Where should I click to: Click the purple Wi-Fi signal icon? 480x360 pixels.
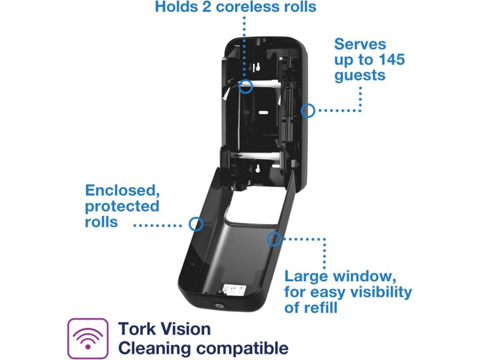point(88,338)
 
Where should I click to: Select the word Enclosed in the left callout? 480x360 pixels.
point(120,191)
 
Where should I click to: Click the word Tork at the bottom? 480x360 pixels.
point(136,329)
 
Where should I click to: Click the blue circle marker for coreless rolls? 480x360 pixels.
point(246,86)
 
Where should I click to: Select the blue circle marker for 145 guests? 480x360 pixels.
point(307,111)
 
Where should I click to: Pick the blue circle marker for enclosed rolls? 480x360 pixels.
point(196,224)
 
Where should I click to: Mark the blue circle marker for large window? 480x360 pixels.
point(274,240)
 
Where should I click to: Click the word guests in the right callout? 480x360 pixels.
point(360,75)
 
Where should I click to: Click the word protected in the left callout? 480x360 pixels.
point(122,206)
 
